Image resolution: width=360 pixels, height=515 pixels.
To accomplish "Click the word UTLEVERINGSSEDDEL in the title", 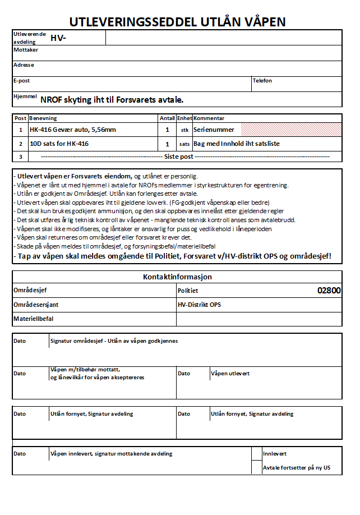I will pyautogui.click(x=132, y=22).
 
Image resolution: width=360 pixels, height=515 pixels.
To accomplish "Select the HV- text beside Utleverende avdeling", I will pyautogui.click(x=58, y=38).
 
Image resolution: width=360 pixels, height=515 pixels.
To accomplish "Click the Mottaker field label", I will pyautogui.click(x=25, y=50).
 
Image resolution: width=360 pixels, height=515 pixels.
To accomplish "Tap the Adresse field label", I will pyautogui.click(x=24, y=65).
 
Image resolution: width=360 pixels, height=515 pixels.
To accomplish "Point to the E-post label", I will pyautogui.click(x=21, y=81).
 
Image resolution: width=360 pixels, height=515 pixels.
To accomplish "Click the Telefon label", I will pyautogui.click(x=262, y=81).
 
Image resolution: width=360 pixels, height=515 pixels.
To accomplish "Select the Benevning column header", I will pyautogui.click(x=43, y=118).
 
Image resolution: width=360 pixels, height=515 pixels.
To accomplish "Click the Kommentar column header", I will pyautogui.click(x=209, y=118).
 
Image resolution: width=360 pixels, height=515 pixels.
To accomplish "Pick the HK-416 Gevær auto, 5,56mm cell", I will pyautogui.click(x=73, y=130).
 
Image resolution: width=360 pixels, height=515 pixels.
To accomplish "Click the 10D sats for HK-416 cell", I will pyautogui.click(x=59, y=144).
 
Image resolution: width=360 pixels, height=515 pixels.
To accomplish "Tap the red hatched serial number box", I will pyautogui.click(x=291, y=130).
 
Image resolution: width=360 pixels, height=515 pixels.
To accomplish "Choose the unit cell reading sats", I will pyautogui.click(x=184, y=144).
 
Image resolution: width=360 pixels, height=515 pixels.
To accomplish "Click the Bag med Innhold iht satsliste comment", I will pyautogui.click(x=237, y=144).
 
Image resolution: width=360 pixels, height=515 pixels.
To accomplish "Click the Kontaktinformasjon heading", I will pyautogui.click(x=177, y=277).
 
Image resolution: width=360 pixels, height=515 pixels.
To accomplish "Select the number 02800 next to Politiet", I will pyautogui.click(x=329, y=291).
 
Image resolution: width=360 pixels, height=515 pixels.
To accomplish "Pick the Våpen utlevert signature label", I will pyautogui.click(x=230, y=373).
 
